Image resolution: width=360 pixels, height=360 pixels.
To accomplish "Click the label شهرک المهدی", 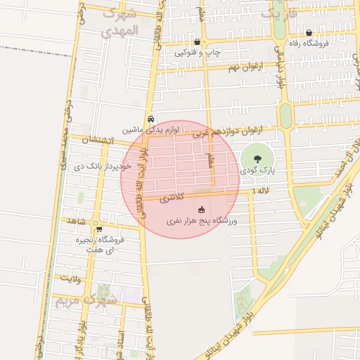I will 117,22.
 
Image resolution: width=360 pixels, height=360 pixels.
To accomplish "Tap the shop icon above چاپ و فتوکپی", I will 197,42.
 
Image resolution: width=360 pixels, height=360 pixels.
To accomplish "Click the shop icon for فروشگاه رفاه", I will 309,33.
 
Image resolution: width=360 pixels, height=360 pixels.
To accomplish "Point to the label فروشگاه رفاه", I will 309,44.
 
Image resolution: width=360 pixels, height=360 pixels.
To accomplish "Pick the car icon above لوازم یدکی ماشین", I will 151,119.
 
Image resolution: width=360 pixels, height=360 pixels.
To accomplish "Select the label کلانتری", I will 171,198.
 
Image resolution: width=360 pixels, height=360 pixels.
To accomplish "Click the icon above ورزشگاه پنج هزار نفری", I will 202,210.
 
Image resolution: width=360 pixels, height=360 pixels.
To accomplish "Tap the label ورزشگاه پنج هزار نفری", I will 202,221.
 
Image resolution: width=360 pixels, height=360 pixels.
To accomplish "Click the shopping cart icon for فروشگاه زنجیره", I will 99,229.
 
